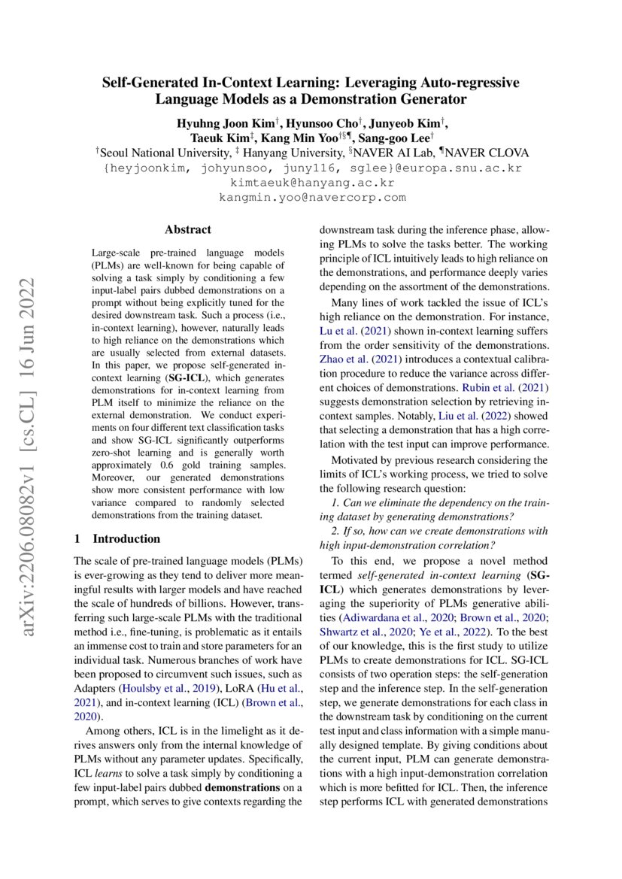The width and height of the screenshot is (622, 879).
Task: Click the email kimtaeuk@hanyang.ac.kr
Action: [311, 183]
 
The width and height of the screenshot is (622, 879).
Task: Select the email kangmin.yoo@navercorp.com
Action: [311, 197]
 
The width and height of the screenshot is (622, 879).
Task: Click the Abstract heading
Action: [188, 229]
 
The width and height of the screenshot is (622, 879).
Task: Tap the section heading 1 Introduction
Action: [117, 538]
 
